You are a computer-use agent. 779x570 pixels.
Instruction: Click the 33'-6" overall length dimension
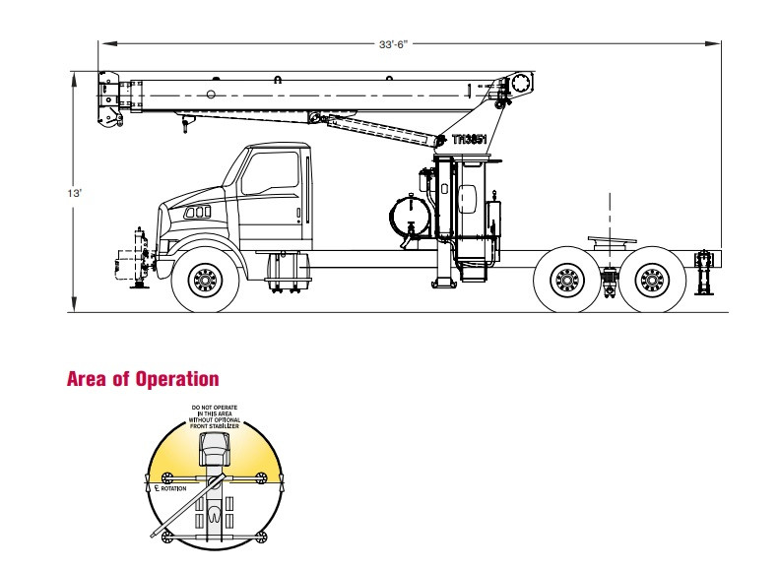click(394, 44)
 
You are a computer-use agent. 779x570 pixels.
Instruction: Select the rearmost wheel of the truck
click(651, 283)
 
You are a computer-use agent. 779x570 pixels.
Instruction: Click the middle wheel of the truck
click(566, 283)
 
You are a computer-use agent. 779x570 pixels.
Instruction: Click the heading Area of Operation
click(142, 379)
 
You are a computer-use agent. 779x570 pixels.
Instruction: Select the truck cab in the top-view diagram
click(214, 450)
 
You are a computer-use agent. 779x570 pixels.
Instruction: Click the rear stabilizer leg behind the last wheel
click(703, 272)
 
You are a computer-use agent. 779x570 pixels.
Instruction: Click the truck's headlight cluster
click(199, 213)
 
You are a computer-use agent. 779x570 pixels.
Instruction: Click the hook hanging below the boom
click(183, 127)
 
